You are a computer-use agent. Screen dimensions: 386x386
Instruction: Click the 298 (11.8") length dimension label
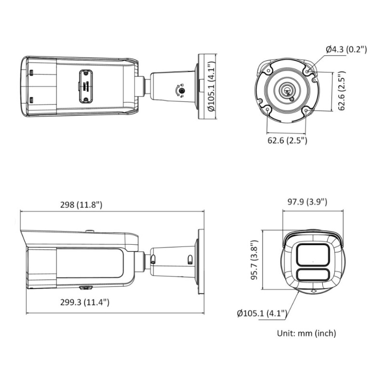(x=82, y=205)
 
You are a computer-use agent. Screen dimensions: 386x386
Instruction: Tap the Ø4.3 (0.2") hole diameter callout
(x=346, y=49)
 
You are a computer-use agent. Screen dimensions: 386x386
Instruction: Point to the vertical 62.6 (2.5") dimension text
(x=342, y=91)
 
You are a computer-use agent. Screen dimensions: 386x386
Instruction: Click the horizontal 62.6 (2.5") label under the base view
(x=287, y=140)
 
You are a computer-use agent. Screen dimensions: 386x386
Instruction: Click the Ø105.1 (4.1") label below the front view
(x=262, y=314)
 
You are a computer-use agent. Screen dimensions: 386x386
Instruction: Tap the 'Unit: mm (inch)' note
(x=306, y=333)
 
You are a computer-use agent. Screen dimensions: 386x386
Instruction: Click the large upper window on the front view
(x=312, y=255)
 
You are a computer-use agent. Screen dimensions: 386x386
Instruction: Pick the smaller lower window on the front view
(x=312, y=275)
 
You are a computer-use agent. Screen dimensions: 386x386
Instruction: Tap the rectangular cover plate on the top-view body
(x=85, y=86)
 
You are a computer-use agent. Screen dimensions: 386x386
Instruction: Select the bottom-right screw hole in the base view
(x=308, y=110)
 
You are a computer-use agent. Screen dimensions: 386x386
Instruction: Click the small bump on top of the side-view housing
(x=89, y=231)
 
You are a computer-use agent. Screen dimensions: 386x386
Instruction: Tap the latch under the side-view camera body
(x=86, y=288)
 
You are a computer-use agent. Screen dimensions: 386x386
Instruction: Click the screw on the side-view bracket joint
(x=153, y=260)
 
